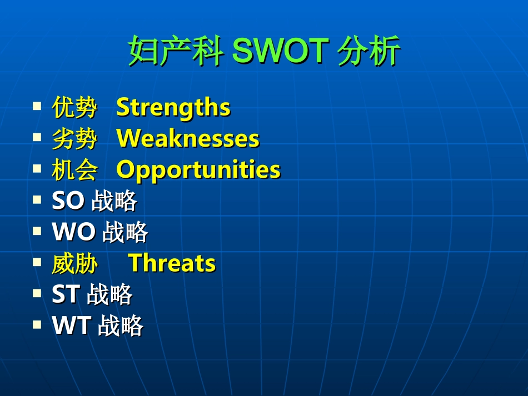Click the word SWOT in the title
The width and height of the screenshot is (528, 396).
click(x=280, y=52)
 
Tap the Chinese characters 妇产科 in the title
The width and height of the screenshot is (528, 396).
click(x=175, y=52)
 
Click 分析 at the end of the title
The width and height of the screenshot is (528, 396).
click(x=369, y=52)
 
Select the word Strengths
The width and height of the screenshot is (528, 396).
click(x=173, y=107)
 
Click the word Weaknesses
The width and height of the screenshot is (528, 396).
click(x=188, y=138)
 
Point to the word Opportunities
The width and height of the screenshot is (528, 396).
click(x=198, y=170)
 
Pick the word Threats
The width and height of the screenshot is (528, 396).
click(x=172, y=263)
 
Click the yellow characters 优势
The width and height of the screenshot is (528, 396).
click(x=74, y=107)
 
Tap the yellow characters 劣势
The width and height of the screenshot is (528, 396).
click(x=74, y=138)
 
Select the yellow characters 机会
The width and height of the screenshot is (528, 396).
click(x=74, y=170)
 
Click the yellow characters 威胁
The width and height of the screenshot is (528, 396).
click(x=74, y=263)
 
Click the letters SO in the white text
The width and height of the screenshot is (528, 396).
click(x=68, y=201)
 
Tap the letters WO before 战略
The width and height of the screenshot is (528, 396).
click(x=73, y=232)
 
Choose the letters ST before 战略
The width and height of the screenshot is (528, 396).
click(x=66, y=294)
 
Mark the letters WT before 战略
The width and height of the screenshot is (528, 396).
click(x=71, y=325)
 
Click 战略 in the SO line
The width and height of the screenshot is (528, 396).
click(x=114, y=201)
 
